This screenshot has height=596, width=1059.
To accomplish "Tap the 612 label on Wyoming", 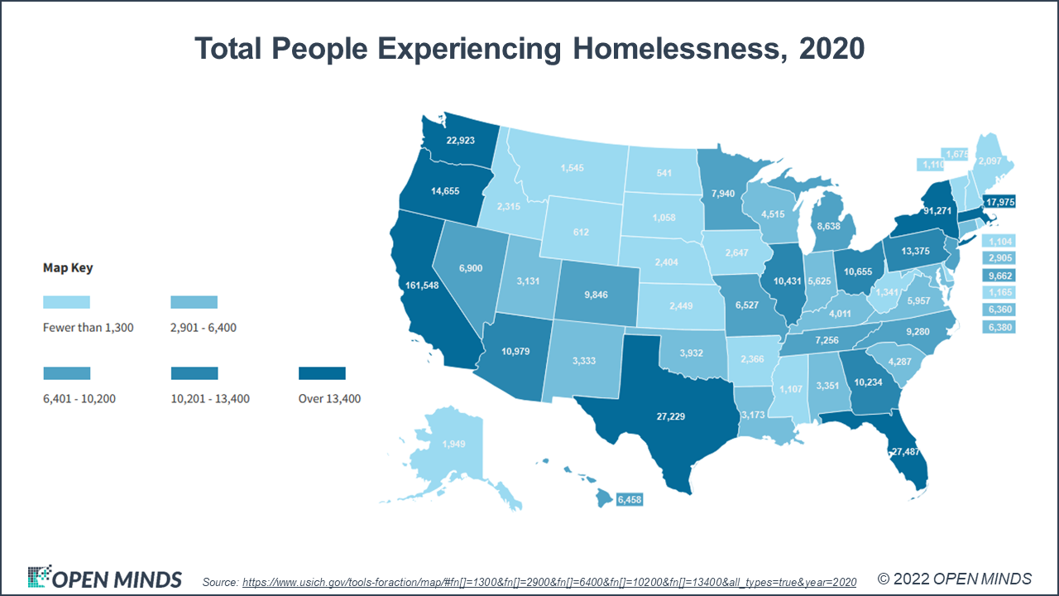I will pyautogui.click(x=581, y=233).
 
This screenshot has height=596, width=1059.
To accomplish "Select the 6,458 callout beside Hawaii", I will pyautogui.click(x=629, y=499).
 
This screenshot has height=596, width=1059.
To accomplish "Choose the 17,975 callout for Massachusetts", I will pyautogui.click(x=999, y=201).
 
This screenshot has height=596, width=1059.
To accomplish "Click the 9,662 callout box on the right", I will pyautogui.click(x=999, y=276).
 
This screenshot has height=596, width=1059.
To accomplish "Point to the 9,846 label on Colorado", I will pyautogui.click(x=596, y=293).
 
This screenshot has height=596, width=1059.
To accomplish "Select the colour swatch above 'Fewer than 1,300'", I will pyautogui.click(x=66, y=301).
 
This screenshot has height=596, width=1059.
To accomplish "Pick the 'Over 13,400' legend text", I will pyautogui.click(x=329, y=399).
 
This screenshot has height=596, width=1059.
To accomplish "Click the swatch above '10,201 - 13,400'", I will pyautogui.click(x=194, y=373).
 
